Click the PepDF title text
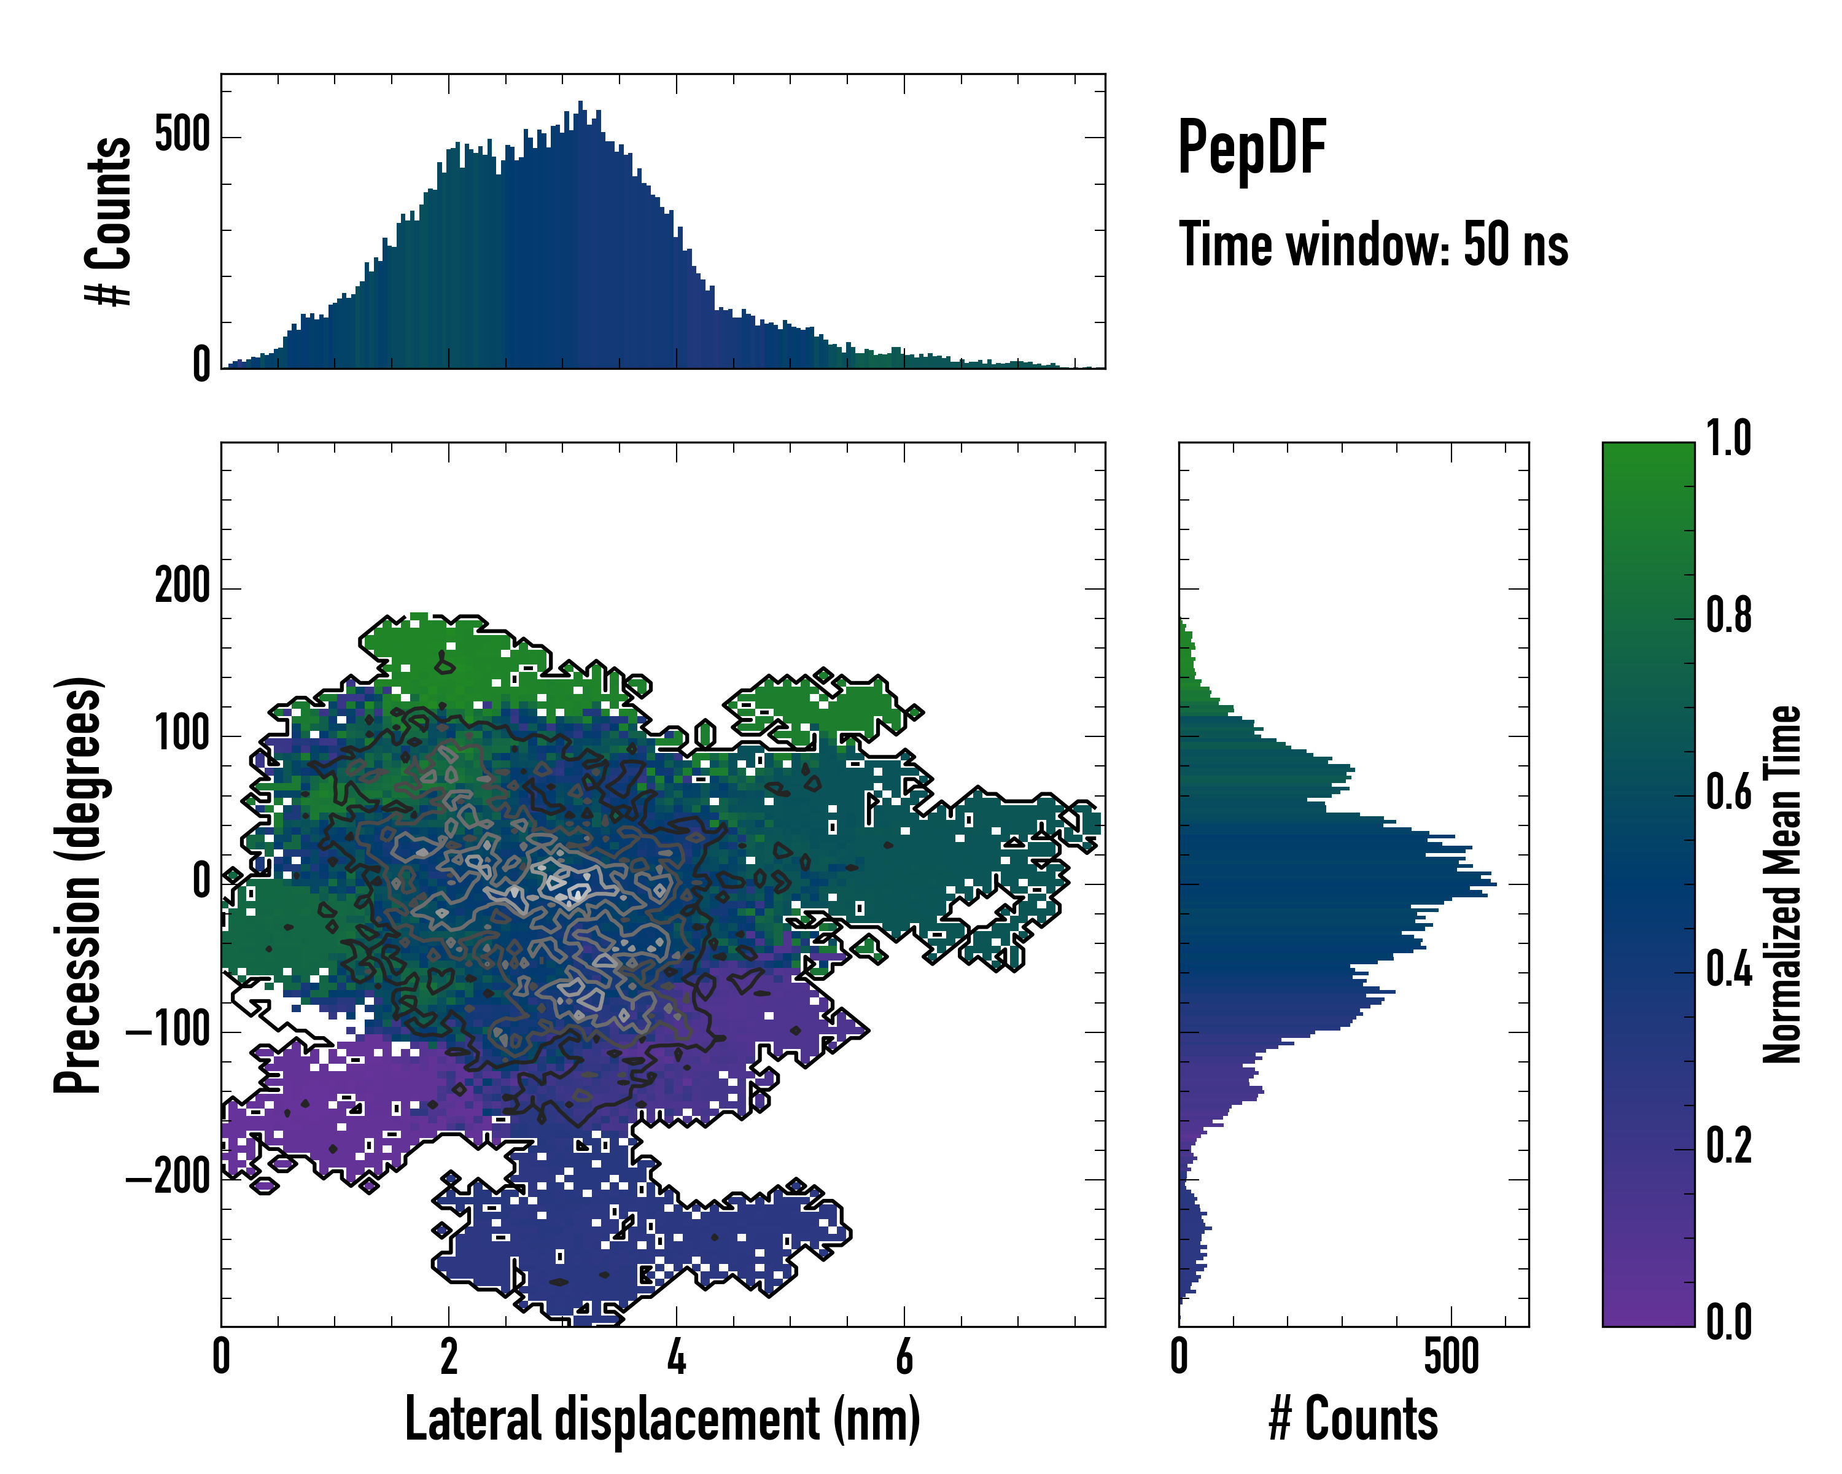(1251, 148)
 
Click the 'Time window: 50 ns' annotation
(1373, 244)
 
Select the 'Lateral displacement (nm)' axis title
(662, 1419)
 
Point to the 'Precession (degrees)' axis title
(79, 884)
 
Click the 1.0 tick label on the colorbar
(1728, 439)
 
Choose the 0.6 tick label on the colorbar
(1728, 793)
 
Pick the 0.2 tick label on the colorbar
(1728, 1146)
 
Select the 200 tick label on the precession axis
(182, 588)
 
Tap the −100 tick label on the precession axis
(168, 1031)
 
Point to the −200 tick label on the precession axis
(168, 1179)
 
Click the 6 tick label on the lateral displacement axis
(904, 1357)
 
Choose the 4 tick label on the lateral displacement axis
(676, 1357)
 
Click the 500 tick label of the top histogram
(182, 136)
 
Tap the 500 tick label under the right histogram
(1451, 1357)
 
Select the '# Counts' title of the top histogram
(109, 221)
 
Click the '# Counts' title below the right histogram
(1353, 1419)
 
